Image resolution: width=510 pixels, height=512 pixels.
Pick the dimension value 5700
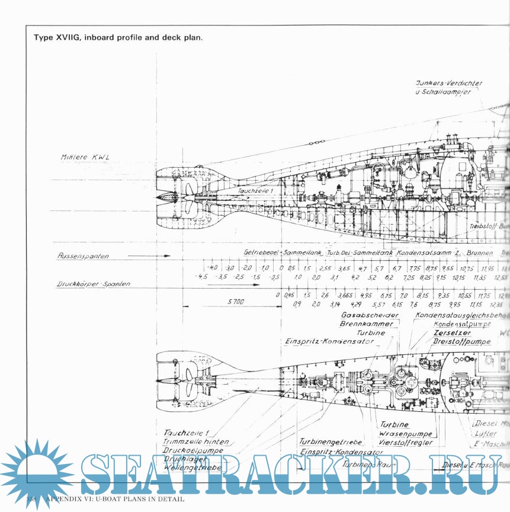tap(235, 302)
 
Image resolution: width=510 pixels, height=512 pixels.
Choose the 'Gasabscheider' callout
tap(370, 315)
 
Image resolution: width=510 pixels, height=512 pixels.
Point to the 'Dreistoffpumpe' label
tap(461, 342)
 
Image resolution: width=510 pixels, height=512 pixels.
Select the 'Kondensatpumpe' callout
tap(462, 324)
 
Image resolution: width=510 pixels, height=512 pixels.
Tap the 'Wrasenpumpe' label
tap(404, 433)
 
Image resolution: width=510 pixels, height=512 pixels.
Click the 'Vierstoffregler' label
tap(406, 442)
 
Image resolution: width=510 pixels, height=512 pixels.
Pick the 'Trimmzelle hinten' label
tap(195, 442)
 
